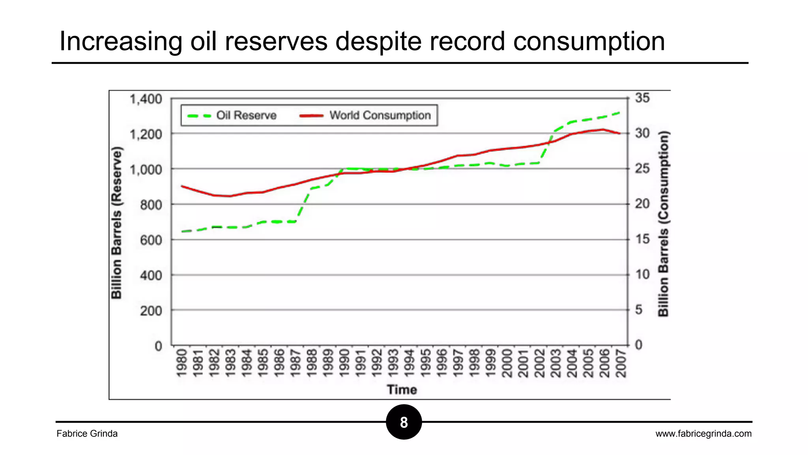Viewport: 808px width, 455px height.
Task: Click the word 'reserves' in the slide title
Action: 276,41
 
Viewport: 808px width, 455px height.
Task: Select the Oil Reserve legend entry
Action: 233,115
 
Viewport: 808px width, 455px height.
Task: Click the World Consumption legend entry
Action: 365,115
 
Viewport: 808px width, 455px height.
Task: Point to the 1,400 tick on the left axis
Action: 146,99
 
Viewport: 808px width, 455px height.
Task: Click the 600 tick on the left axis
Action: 151,240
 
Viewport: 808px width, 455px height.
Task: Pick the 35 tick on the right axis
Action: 642,98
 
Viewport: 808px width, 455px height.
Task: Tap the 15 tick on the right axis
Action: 642,239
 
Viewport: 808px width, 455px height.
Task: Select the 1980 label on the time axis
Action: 181,363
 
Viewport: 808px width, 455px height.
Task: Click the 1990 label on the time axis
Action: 344,363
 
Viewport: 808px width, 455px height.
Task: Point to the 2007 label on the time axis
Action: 621,363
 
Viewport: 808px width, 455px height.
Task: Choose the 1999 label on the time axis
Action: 490,363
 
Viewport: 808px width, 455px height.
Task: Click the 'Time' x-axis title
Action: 402,389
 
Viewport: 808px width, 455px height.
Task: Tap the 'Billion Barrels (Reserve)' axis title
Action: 117,223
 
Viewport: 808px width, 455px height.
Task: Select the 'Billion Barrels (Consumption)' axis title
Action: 664,224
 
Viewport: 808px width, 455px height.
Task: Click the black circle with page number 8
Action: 404,422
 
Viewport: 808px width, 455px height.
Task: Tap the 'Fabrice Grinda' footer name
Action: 87,434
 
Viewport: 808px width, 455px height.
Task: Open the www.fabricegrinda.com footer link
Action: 703,434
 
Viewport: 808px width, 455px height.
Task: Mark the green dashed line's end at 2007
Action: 619,113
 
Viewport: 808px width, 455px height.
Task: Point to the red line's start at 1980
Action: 181,186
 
